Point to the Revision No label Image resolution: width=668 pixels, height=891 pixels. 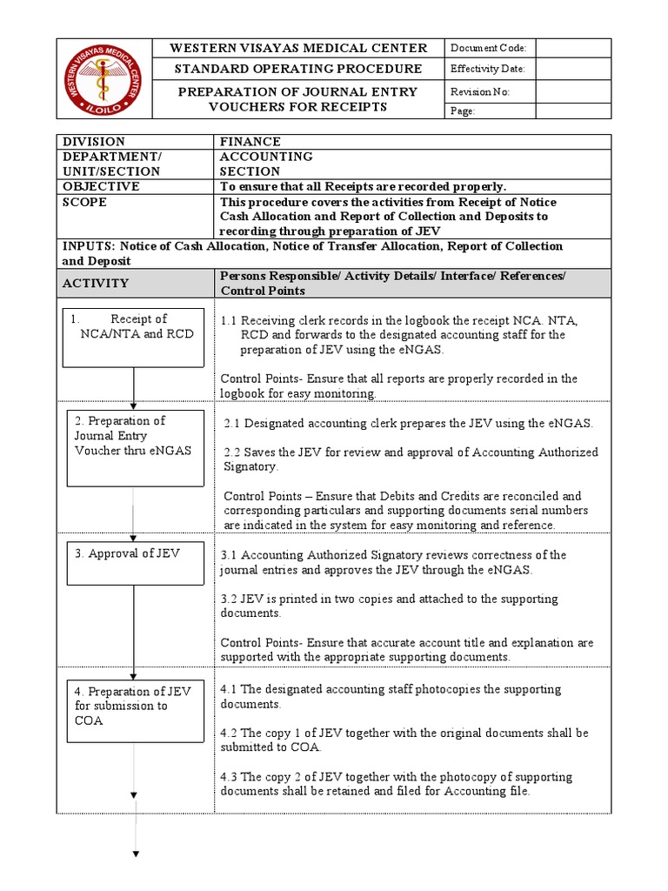480,92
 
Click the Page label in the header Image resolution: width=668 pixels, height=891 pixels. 463,111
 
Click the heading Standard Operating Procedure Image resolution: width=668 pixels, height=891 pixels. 297,69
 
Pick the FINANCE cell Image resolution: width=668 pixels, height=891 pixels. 250,141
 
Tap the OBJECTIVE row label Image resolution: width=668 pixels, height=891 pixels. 99,186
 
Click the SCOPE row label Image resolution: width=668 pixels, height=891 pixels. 84,202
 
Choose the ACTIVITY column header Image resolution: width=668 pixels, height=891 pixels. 96,283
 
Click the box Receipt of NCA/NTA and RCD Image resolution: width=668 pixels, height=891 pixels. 133,337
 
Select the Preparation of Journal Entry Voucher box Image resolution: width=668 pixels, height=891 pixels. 133,447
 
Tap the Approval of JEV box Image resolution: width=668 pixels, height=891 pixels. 133,563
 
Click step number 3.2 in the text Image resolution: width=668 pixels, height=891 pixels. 230,600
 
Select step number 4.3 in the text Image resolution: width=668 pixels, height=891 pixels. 230,777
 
